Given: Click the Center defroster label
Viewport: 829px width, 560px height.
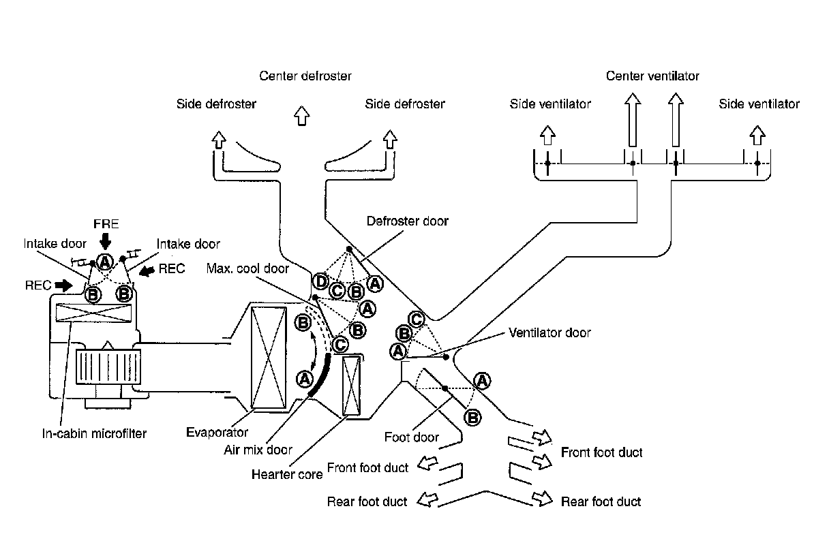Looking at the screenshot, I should [x=305, y=76].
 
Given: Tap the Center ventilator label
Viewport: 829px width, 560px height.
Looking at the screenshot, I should [x=652, y=76].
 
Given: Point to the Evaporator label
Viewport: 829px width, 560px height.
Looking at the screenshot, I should [x=217, y=432].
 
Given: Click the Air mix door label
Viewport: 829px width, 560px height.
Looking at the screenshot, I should [x=258, y=450].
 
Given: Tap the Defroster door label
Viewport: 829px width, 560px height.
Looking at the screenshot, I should [x=408, y=221].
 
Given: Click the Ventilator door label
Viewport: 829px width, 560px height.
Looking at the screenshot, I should [x=549, y=333].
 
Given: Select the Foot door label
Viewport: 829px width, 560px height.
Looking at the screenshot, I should [x=412, y=437].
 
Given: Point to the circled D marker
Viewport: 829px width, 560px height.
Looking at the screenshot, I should [x=319, y=281].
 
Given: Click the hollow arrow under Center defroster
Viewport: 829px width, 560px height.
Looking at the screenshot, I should [x=301, y=114].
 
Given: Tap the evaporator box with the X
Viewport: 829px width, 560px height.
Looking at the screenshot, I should [x=269, y=358].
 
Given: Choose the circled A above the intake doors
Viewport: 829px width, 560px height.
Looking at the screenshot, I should [x=104, y=261].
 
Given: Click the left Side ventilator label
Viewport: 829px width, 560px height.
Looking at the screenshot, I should [x=550, y=104].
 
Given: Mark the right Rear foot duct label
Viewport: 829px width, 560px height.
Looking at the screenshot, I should [x=601, y=502].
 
